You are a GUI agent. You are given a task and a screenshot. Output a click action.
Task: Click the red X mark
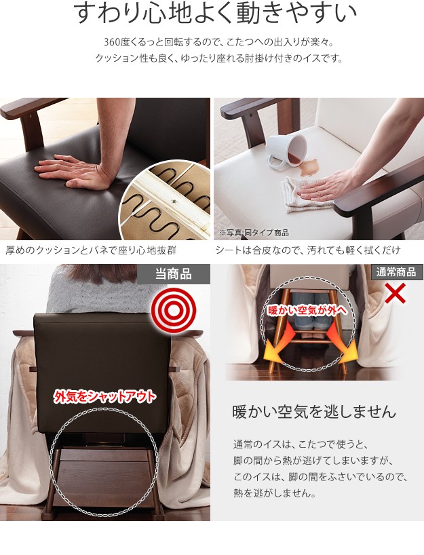tap(395, 293)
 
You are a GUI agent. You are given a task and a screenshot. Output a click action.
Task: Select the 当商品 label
tap(174, 274)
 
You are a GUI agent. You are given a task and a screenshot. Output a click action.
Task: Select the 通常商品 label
tap(396, 272)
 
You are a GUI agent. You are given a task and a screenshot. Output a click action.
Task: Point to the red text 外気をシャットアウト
tap(104, 396)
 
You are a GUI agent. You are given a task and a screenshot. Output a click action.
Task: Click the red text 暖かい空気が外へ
tap(306, 311)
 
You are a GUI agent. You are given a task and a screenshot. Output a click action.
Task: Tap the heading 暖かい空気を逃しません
tap(314, 412)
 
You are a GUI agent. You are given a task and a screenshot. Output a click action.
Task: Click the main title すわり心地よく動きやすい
tap(214, 14)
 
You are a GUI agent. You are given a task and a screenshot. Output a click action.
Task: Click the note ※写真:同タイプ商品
tap(254, 233)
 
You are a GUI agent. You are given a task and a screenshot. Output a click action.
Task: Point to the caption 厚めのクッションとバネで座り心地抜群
tap(91, 250)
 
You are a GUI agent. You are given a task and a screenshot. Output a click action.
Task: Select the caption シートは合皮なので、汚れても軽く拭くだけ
tap(308, 250)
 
